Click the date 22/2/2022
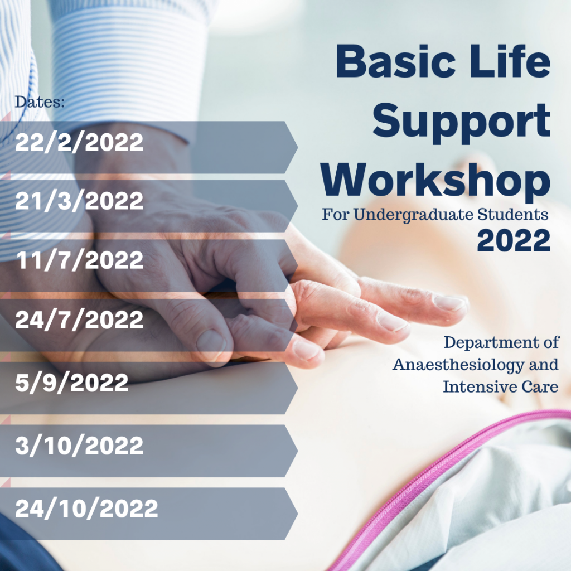coord(79,142)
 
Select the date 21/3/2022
coord(79,201)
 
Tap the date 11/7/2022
coord(80,260)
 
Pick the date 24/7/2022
coord(79,320)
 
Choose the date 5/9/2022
coord(72,383)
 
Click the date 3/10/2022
coord(79,446)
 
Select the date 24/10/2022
coord(86,509)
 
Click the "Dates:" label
coord(40,102)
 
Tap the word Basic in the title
coord(396,61)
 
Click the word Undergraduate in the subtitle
coord(414,215)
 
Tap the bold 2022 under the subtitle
coord(514,241)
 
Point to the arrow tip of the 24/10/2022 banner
coord(298,514)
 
